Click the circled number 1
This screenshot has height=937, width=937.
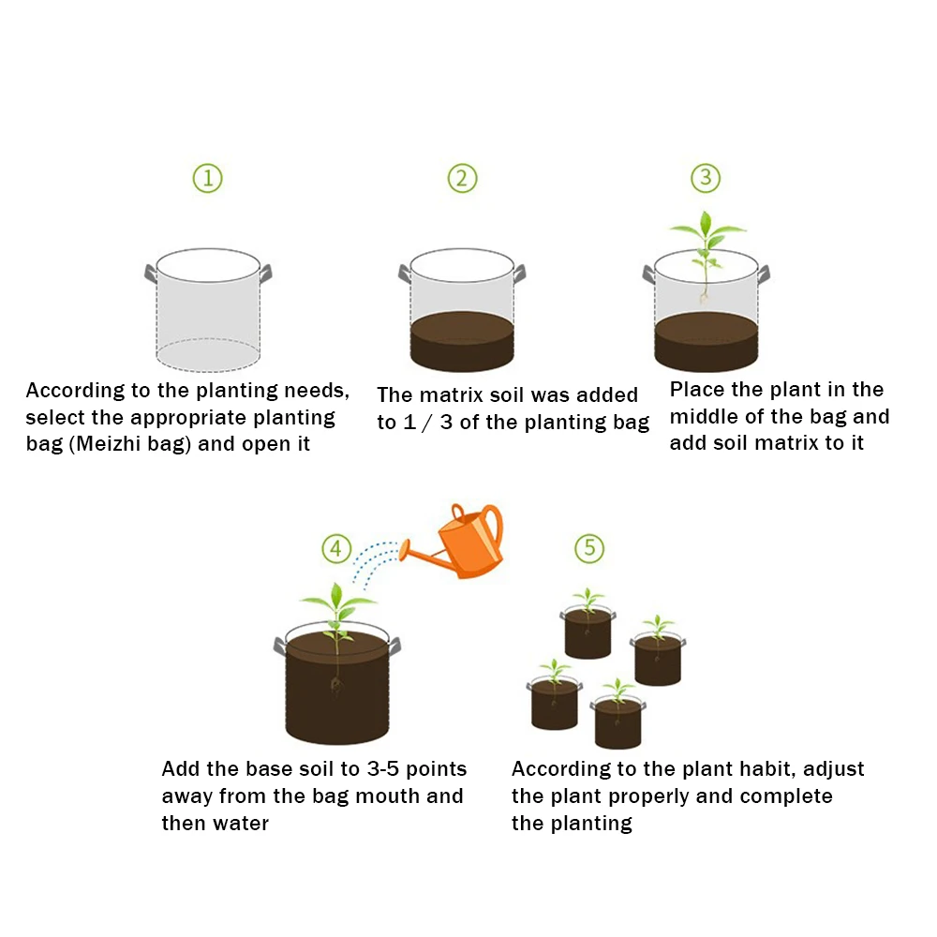pyautogui.click(x=208, y=178)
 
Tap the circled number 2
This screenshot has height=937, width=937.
pyautogui.click(x=462, y=178)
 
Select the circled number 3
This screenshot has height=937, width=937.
pyautogui.click(x=706, y=178)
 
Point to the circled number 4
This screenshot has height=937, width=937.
pyautogui.click(x=336, y=549)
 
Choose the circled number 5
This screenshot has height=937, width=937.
pyautogui.click(x=589, y=548)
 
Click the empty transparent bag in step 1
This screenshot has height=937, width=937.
pyautogui.click(x=207, y=309)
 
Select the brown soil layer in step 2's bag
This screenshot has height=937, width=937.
pyautogui.click(x=462, y=342)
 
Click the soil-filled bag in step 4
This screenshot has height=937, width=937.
pyautogui.click(x=337, y=689)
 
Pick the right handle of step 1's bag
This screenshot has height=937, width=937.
pyautogui.click(x=266, y=275)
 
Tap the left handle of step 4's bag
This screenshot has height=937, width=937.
pyautogui.click(x=279, y=646)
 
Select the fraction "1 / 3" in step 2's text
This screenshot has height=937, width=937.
pyautogui.click(x=417, y=423)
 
